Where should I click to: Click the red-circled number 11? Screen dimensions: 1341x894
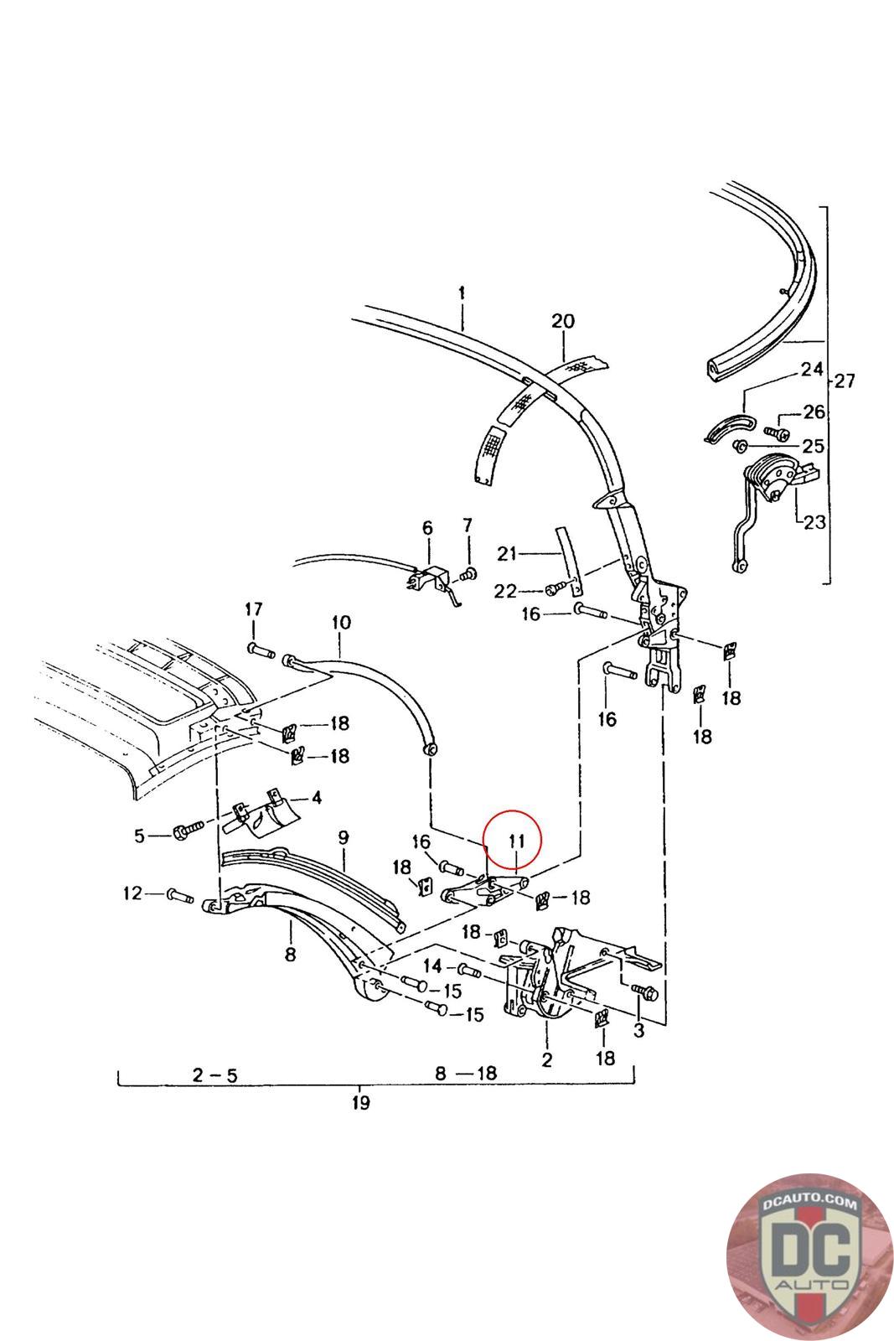coord(516,841)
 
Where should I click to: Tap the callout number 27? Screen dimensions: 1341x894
coord(844,381)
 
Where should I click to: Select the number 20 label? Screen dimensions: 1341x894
coord(563,321)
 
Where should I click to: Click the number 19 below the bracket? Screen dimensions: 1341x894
coord(360,1103)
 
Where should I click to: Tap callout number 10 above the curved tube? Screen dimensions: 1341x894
coord(340,623)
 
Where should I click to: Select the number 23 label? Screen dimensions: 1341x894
coord(814,523)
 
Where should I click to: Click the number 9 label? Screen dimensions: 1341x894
coord(343,837)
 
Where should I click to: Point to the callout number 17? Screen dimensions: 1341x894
coord(253,608)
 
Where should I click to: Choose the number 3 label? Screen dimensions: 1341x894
coord(638,1031)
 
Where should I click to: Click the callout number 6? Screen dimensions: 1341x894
coord(427,528)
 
